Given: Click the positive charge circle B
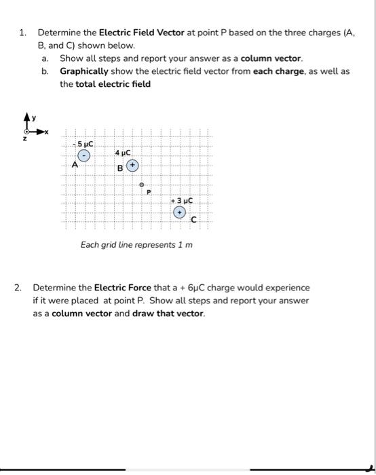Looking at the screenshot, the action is pyautogui.click(x=133, y=165).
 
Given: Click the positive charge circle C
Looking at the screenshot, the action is pyautogui.click(x=180, y=212).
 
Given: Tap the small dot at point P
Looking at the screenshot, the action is pyautogui.click(x=142, y=185).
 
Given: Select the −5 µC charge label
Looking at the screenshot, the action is pyautogui.click(x=86, y=144).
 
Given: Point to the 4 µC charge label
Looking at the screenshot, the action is pyautogui.click(x=123, y=153).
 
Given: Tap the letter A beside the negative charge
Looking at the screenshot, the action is pyautogui.click(x=75, y=164).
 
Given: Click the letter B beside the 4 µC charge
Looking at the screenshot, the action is pyautogui.click(x=120, y=168).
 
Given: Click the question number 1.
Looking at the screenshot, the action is pyautogui.click(x=22, y=32).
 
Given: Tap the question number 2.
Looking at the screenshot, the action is pyautogui.click(x=18, y=288).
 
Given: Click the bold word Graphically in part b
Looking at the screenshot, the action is pyautogui.click(x=84, y=71).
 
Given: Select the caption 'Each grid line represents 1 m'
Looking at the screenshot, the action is pyautogui.click(x=136, y=244).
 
